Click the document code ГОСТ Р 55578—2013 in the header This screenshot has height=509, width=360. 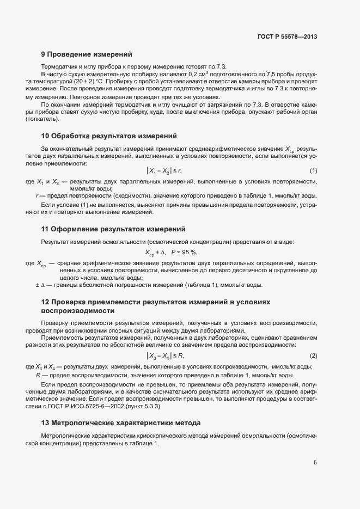point(286,36)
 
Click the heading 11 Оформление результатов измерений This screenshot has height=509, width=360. point(113,229)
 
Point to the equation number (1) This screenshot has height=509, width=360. point(313,171)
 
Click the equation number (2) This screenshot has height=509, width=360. point(313,355)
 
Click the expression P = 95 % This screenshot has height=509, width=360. point(184,252)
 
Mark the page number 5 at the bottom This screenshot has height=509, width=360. point(315,463)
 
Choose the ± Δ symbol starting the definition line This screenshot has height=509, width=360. point(39,285)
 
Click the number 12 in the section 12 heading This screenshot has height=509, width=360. point(46,302)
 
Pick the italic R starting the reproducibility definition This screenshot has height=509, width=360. point(38,375)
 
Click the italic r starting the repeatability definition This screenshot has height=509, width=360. point(37,195)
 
